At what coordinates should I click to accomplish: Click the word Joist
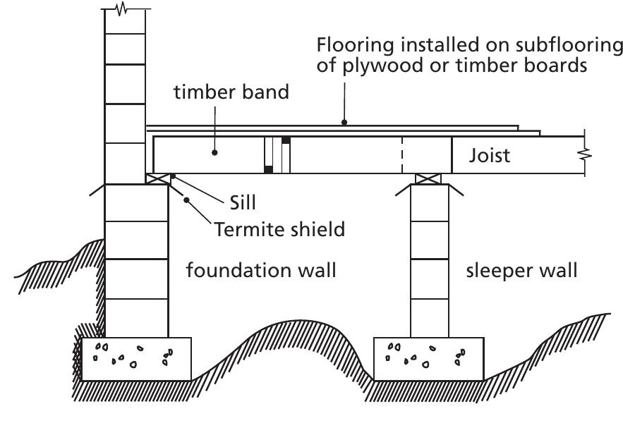point(490,155)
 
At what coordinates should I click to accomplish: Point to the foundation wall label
point(260,271)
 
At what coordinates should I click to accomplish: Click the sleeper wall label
point(521,271)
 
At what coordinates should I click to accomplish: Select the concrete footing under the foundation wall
point(136,358)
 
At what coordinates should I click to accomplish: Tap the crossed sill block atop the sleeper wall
point(430,178)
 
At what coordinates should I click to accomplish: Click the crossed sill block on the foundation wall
point(158,178)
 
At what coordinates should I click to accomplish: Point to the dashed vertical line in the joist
point(402,154)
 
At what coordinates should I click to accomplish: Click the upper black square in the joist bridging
point(286,140)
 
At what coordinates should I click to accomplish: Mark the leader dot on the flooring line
point(345,123)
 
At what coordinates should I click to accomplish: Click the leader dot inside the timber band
point(215,150)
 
